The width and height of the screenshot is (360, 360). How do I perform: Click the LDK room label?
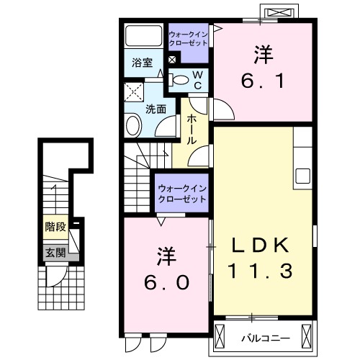click(x=260, y=246)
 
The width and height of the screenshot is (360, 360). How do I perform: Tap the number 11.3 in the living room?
click(x=260, y=272)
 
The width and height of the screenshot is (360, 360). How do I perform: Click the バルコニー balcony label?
click(x=271, y=336)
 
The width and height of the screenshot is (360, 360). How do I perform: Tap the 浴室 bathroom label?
click(x=142, y=63)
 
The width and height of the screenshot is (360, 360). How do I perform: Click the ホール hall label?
click(x=192, y=130)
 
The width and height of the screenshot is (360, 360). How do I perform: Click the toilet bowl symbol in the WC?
click(x=181, y=80)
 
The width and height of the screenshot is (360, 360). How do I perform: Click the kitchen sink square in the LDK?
click(x=302, y=176)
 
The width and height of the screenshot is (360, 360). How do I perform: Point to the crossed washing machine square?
click(x=134, y=92)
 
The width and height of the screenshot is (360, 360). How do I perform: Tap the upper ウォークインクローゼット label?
click(x=188, y=37)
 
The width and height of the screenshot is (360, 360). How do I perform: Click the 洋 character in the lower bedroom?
click(x=164, y=255)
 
